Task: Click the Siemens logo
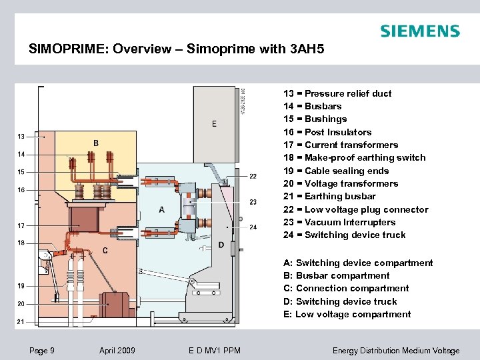tap(419, 31)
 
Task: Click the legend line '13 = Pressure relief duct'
tap(337, 93)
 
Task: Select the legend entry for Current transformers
tap(341, 145)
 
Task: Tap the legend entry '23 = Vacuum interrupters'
tap(339, 222)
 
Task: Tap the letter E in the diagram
tap(214, 123)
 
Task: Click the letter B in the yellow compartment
tap(96, 143)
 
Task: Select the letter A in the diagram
tap(161, 209)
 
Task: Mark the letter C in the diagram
tap(105, 250)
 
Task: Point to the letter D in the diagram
tap(221, 245)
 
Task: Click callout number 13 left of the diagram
tap(21, 137)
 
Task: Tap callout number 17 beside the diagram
tap(21, 225)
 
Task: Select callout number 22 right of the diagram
tap(253, 176)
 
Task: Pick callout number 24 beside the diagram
tap(253, 227)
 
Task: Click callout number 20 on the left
tap(21, 304)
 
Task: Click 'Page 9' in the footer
tap(43, 351)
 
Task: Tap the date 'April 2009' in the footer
tap(117, 351)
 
